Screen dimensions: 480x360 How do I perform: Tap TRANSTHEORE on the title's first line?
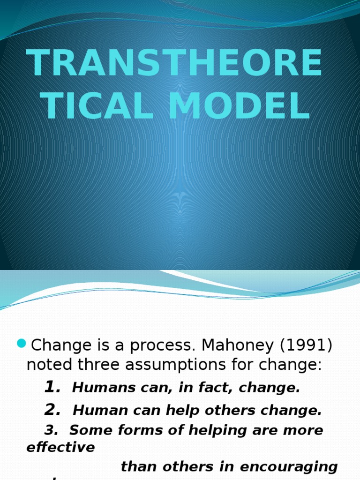click(174, 64)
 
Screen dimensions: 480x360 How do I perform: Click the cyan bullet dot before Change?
click(21, 344)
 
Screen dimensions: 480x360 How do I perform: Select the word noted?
click(47, 365)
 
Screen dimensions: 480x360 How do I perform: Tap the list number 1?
click(52, 387)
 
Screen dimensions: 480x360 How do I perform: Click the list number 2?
click(52, 410)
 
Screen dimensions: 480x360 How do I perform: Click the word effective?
click(61, 447)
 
